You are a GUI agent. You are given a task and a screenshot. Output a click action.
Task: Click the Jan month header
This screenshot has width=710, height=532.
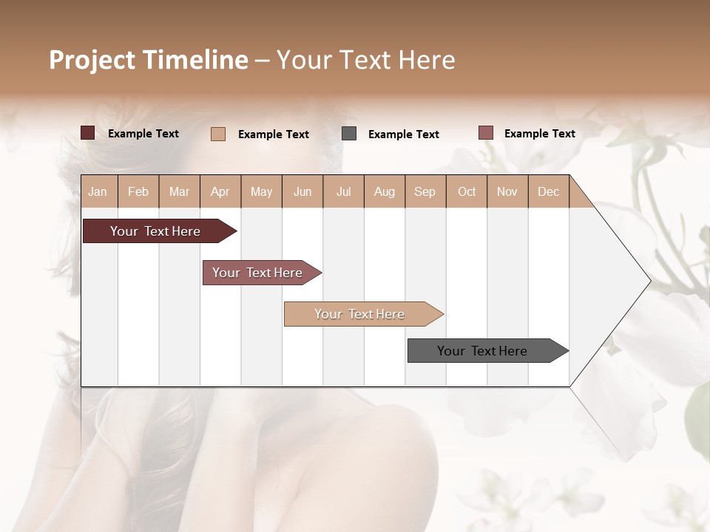click(x=98, y=192)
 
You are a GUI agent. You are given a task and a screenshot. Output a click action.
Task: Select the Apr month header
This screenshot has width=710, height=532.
click(x=220, y=192)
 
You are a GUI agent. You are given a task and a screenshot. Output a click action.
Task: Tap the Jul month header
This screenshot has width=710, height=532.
click(x=343, y=192)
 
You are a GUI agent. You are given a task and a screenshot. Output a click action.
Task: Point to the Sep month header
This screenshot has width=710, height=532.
click(x=425, y=192)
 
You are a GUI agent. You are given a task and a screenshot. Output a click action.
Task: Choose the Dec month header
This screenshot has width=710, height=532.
click(x=548, y=192)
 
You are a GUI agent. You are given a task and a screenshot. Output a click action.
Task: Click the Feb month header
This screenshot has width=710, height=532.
click(x=138, y=192)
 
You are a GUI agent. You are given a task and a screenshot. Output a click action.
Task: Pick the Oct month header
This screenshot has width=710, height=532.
click(x=467, y=192)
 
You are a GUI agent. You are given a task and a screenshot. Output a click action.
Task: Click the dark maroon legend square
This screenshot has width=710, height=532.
click(x=87, y=133)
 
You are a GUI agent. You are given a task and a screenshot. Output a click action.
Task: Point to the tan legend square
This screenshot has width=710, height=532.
click(x=218, y=134)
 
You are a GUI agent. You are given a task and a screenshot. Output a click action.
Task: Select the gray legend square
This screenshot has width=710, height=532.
click(x=349, y=134)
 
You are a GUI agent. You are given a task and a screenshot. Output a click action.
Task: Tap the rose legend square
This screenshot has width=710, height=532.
click(x=485, y=133)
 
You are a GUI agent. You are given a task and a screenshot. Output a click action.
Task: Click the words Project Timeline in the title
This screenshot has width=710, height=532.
click(x=148, y=60)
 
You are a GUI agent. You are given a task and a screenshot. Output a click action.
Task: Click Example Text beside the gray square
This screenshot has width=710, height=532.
click(x=403, y=134)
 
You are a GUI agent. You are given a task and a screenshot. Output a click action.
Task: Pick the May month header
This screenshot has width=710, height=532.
click(x=261, y=192)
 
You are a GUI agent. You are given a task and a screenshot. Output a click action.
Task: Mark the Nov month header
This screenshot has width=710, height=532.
click(x=507, y=192)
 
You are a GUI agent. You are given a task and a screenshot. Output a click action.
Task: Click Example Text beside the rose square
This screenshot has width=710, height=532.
click(x=539, y=134)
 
